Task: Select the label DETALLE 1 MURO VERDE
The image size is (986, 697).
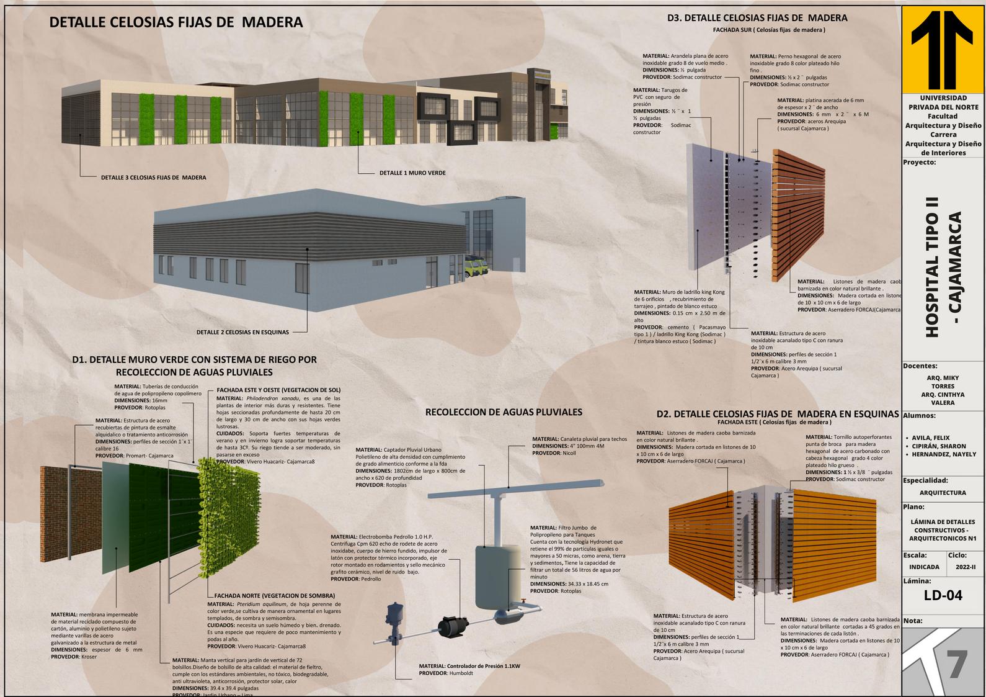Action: pos(412,173)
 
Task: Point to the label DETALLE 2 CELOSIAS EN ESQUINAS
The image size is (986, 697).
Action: pos(242,332)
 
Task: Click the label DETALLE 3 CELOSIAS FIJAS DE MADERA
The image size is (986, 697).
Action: pos(153,178)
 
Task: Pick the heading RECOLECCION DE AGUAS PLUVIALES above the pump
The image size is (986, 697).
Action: pos(504,412)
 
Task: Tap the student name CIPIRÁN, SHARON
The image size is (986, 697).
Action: pos(939,446)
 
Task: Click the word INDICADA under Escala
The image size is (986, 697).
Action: pos(924,567)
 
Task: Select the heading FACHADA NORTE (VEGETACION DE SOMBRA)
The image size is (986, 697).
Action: pos(275,595)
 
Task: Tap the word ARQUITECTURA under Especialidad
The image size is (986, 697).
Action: pos(943,493)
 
